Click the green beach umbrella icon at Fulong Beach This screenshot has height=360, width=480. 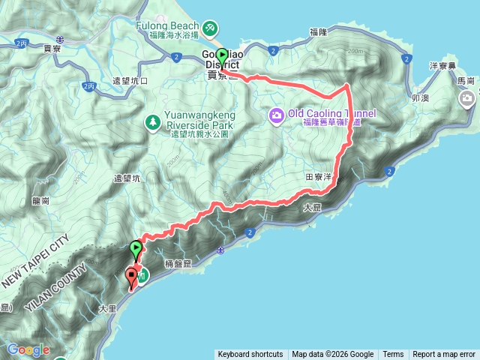(x=211, y=28)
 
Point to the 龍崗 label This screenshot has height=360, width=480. (x=40, y=201)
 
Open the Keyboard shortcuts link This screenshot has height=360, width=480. (x=250, y=355)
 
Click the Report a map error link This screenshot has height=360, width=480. (x=444, y=355)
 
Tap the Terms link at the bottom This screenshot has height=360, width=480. (x=393, y=355)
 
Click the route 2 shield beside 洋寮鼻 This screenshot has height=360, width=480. (x=406, y=58)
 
